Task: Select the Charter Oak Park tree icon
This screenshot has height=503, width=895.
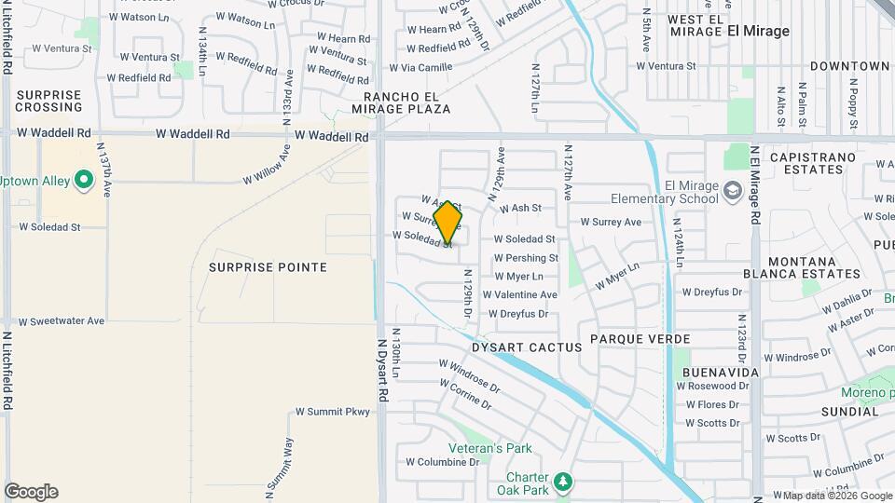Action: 562,482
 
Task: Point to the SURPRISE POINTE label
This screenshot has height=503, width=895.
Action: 268,267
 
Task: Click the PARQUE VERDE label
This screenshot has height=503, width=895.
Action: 646,339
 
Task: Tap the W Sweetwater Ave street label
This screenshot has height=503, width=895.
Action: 62,321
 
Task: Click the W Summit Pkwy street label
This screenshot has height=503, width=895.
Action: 333,412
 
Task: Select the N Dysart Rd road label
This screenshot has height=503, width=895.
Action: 383,370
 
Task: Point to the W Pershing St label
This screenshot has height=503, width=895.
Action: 526,258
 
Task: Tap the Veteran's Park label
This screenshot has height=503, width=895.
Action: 491,448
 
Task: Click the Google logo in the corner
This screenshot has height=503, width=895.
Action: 31,492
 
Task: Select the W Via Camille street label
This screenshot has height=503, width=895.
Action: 420,67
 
